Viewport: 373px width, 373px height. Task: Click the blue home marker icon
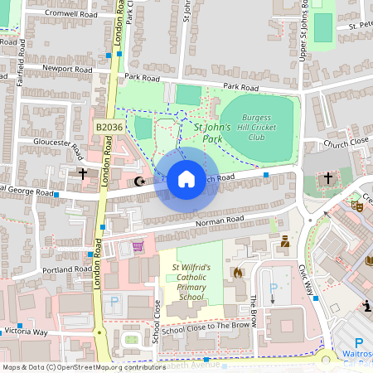(x=186, y=178)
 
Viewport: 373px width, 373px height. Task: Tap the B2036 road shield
(x=108, y=127)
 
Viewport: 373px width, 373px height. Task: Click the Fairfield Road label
(x=21, y=70)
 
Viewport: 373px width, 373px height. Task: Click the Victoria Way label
(x=26, y=331)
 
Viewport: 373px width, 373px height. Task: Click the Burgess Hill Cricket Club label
(x=262, y=132)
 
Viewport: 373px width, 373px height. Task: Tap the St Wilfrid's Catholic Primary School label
(x=191, y=281)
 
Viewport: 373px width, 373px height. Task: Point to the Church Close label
(x=346, y=143)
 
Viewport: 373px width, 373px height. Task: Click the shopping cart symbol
(x=138, y=245)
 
